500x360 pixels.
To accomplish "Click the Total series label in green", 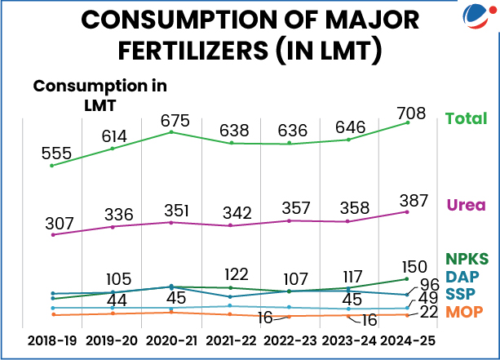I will click(x=465, y=119).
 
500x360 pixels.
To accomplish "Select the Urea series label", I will click(x=467, y=205).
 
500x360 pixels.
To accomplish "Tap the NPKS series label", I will click(x=467, y=260).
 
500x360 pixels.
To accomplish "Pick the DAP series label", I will click(x=462, y=278).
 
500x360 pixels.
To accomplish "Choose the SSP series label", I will click(x=462, y=294).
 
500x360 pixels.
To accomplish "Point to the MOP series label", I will click(x=464, y=312).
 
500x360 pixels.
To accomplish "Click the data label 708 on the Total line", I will click(x=409, y=112).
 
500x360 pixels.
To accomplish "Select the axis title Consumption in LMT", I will click(x=100, y=94).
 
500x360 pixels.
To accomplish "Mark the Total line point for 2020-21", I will click(x=171, y=132).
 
